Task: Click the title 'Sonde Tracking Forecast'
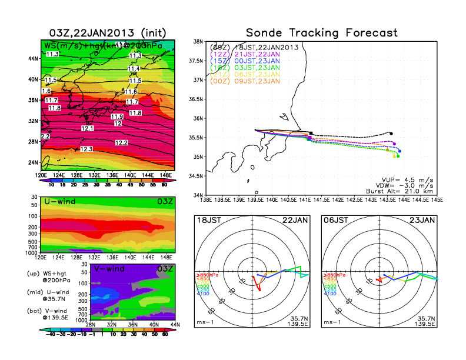coord(321,33)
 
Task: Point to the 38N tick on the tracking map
coord(198,42)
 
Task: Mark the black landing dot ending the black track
coord(391,133)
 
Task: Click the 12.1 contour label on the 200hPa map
coord(88,128)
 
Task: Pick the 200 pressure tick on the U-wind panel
coord(34,226)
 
